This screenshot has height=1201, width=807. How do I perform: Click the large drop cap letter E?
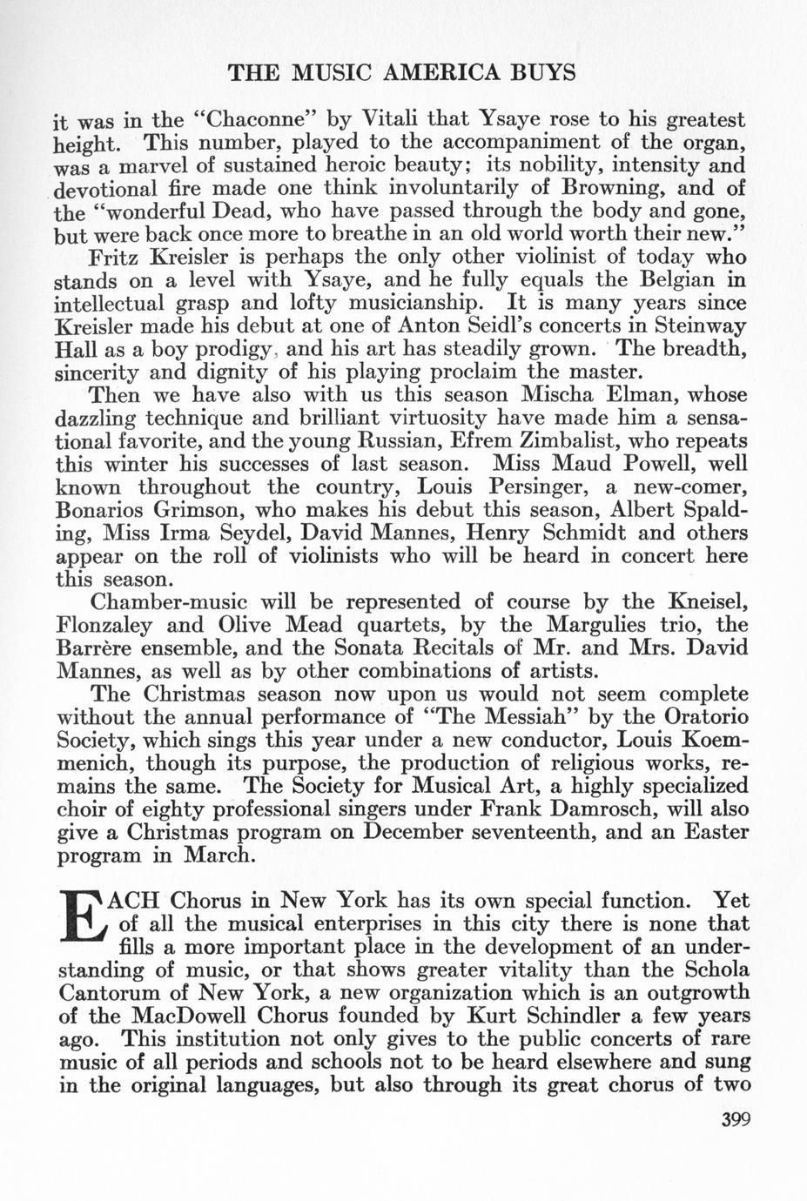tap(84, 924)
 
